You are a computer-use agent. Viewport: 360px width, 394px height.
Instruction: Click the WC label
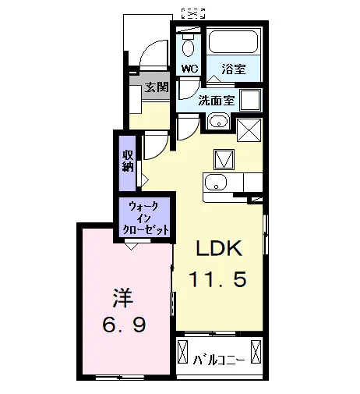coord(189,69)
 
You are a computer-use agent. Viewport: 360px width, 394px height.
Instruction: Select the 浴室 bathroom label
coord(234,69)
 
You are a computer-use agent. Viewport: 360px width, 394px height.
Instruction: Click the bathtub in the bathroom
coord(233,42)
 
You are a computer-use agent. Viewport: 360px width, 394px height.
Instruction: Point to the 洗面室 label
coord(217,100)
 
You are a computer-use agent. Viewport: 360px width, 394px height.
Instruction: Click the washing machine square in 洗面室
coord(250,100)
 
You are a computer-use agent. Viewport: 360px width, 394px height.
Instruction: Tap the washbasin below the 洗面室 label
coord(218,122)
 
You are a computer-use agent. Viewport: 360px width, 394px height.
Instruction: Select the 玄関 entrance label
coord(157,87)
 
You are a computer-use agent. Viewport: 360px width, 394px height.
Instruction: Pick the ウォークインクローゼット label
coord(145,218)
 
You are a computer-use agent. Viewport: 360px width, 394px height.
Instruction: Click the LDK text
coord(219,248)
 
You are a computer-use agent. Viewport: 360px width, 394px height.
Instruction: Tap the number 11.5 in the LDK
coord(217,279)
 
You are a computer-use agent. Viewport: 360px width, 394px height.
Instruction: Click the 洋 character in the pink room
coord(122,298)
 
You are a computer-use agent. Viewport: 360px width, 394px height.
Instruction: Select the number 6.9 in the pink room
coord(124,325)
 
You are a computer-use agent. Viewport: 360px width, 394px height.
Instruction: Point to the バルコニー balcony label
coord(219,360)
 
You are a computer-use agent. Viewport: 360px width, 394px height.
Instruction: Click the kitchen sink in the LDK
coord(216,182)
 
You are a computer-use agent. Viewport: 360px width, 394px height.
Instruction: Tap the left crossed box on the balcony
coord(182,351)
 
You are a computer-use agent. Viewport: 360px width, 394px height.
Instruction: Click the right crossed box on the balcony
coord(256,351)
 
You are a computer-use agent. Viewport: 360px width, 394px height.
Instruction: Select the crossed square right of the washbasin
coord(249,130)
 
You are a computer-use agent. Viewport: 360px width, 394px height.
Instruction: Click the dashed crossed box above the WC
coord(193,13)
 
